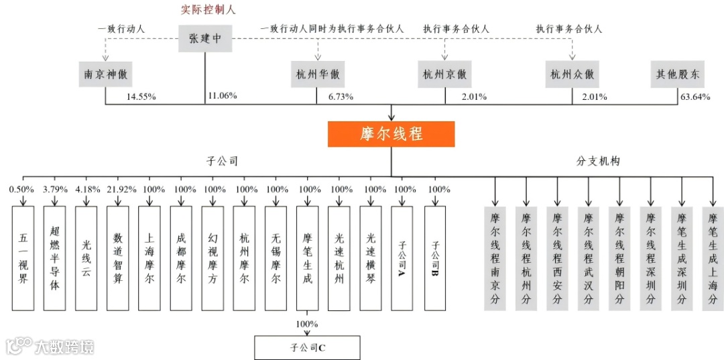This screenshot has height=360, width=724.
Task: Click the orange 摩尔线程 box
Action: click(x=391, y=134)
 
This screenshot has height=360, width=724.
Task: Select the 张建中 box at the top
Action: click(x=204, y=39)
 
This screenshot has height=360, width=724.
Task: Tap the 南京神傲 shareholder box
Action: click(x=105, y=74)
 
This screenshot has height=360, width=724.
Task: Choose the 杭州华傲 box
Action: click(x=317, y=74)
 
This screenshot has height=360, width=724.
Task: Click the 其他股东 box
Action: click(x=678, y=74)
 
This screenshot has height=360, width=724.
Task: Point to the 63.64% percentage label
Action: click(x=695, y=97)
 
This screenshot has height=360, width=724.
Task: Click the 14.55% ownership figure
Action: click(x=141, y=97)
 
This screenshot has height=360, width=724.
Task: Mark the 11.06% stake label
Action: click(x=223, y=97)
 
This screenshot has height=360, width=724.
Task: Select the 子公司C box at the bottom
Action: click(x=307, y=348)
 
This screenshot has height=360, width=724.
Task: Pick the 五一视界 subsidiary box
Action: click(x=23, y=258)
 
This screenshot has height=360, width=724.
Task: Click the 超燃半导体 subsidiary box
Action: click(x=54, y=258)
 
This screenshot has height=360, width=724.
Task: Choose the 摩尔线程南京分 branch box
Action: click(x=495, y=258)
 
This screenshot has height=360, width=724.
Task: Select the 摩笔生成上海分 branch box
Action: click(x=713, y=258)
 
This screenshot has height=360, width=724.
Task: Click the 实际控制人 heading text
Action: click(x=208, y=10)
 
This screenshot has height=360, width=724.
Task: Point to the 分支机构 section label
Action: click(x=599, y=162)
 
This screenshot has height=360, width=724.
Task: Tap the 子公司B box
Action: click(x=435, y=258)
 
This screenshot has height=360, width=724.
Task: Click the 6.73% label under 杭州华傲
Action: click(x=341, y=97)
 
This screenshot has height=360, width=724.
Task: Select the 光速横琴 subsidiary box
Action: click(x=371, y=258)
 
